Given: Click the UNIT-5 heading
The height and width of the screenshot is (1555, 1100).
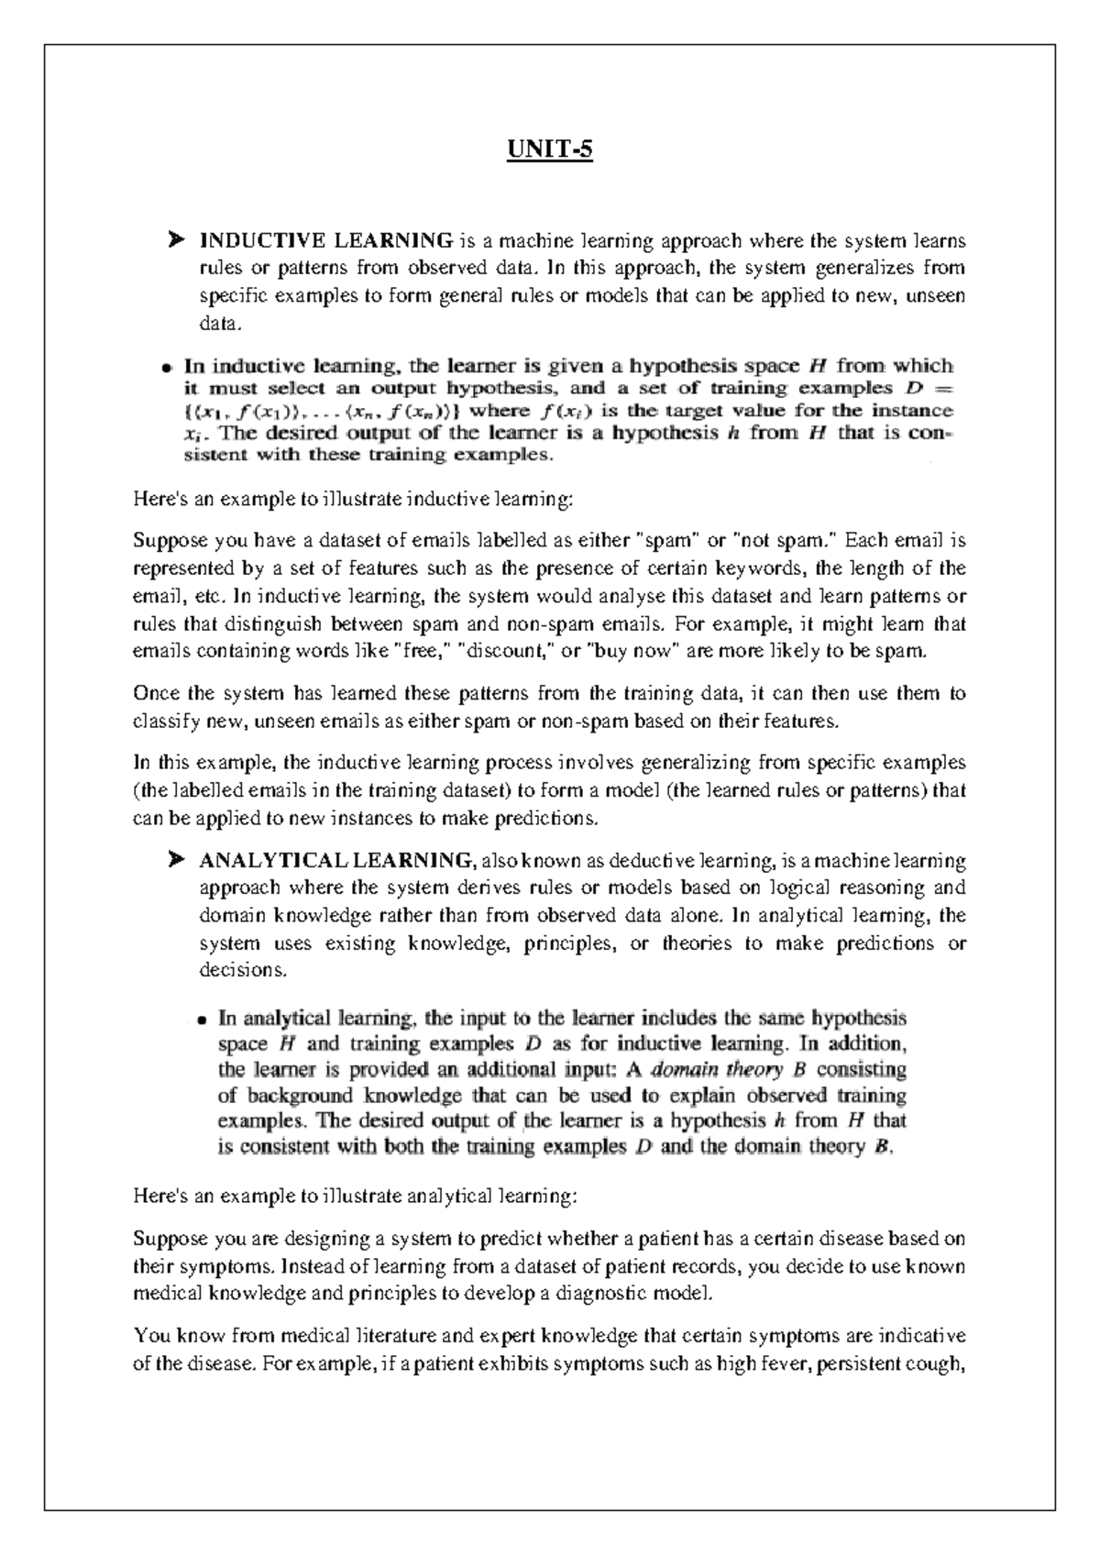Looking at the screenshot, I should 551,149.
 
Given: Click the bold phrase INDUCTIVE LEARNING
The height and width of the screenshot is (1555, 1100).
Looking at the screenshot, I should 325,241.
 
